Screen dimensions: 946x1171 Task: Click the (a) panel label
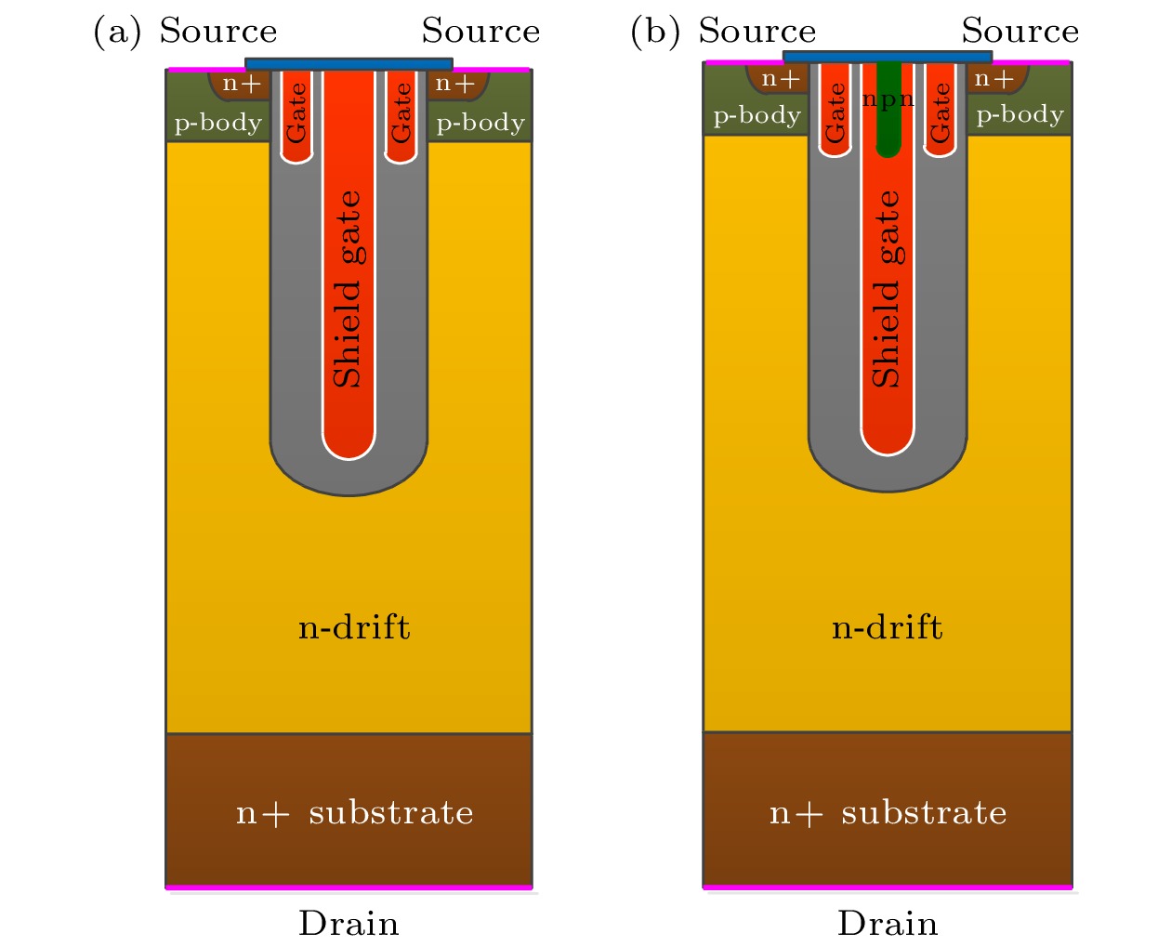116,32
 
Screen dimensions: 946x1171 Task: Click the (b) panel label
654,32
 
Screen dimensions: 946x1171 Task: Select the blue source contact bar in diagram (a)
349,64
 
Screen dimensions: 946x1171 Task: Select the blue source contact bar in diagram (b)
888,57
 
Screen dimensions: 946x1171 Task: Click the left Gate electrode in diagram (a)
296,113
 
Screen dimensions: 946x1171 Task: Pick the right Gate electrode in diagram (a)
401,113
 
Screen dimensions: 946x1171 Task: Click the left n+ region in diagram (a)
241,85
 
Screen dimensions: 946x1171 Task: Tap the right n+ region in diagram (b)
994,78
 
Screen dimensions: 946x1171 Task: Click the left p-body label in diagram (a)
218,123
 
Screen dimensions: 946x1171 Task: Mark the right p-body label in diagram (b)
1020,114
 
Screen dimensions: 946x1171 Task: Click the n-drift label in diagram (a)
354,627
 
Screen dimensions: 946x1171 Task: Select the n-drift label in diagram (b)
887,627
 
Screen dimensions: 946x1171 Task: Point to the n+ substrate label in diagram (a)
354,812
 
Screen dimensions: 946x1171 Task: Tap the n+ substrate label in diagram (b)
888,812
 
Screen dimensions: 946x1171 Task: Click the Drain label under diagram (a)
349,924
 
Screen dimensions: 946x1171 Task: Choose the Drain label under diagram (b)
888,924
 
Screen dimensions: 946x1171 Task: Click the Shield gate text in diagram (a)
349,288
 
